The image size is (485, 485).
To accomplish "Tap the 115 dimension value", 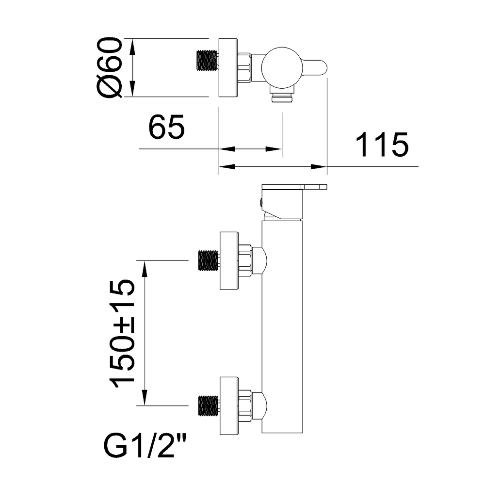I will point(382,145).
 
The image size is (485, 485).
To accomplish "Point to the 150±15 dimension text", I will point(122,334).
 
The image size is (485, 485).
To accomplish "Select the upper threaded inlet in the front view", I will point(209,260).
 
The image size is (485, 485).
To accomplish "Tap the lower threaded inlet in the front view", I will point(209,405).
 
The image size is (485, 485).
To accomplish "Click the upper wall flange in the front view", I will point(229,260).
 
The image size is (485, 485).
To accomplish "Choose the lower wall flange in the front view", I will point(229,405).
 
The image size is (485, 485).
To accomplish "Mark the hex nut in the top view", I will point(244,67).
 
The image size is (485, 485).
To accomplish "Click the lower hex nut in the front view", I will point(245,405).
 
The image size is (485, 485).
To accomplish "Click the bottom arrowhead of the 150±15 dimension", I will point(145,399).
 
